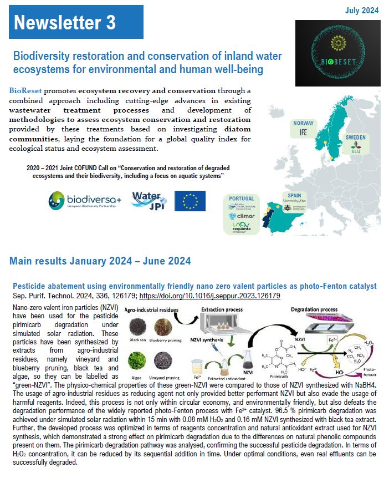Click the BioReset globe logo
click(337, 53)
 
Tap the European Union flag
click(190, 201)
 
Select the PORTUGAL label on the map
click(241, 199)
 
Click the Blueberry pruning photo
click(163, 326)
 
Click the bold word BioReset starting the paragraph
click(25, 90)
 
